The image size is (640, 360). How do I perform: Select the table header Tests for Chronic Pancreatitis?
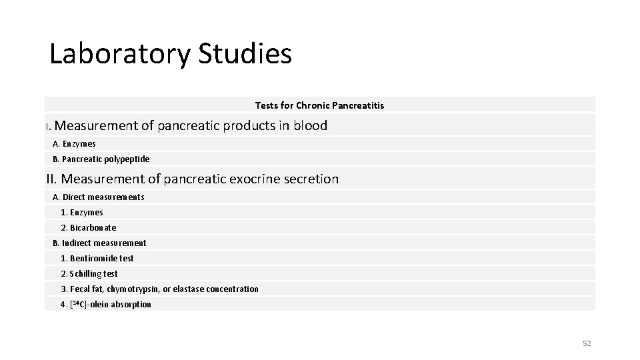(x=319, y=105)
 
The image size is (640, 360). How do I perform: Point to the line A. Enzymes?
(x=74, y=144)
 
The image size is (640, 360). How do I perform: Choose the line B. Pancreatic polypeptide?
(x=101, y=159)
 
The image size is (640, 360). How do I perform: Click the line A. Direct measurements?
(x=98, y=197)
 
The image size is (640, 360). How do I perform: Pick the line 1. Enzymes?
(x=82, y=213)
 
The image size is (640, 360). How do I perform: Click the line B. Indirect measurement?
(x=99, y=243)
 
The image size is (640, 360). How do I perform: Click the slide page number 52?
(x=587, y=343)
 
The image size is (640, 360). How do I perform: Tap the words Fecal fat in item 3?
(x=86, y=289)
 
